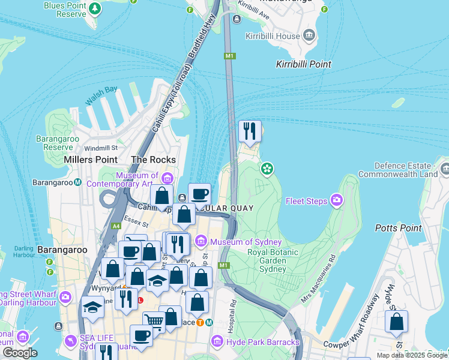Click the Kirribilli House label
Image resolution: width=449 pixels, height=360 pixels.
(x=272, y=37)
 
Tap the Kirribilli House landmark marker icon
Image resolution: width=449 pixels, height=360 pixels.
(x=310, y=35)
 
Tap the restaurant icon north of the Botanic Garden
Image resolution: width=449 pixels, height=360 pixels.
(x=249, y=131)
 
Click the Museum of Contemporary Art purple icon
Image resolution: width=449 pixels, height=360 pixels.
(x=167, y=178)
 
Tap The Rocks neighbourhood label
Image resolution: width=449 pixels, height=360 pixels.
(x=154, y=160)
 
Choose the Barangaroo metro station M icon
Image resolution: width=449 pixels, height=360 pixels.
(x=77, y=182)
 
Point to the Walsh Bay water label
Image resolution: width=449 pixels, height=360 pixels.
(x=101, y=95)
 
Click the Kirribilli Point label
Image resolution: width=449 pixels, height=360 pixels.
(x=303, y=64)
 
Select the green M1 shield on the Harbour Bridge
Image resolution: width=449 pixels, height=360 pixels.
(x=229, y=56)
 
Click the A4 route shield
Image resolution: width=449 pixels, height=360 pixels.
(x=116, y=226)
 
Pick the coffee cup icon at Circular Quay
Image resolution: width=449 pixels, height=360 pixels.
(x=199, y=194)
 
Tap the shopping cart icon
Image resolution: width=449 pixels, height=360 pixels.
(x=154, y=322)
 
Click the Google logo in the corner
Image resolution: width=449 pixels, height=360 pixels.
(x=19, y=353)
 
